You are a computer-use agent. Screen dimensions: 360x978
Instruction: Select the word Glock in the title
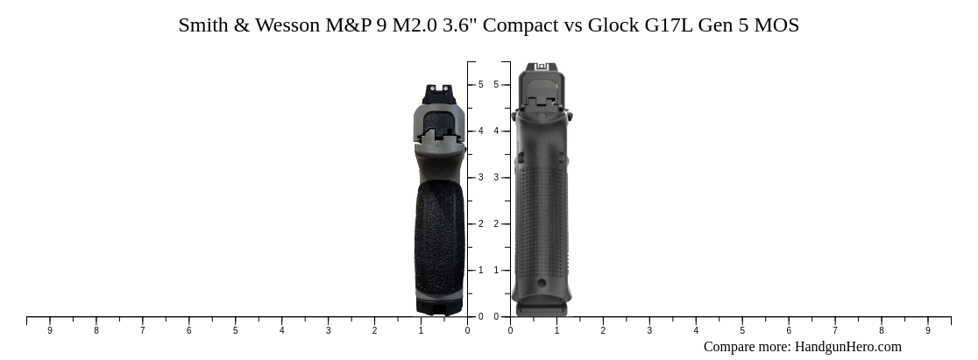(613, 25)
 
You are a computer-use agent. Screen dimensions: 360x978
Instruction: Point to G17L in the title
(669, 25)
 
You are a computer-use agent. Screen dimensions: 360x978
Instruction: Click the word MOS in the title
(776, 25)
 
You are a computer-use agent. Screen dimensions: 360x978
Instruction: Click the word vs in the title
(572, 25)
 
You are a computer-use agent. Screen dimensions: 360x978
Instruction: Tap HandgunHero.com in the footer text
(847, 347)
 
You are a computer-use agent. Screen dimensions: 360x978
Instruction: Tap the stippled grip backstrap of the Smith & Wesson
(439, 232)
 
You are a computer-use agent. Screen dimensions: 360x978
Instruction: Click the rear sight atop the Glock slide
(541, 67)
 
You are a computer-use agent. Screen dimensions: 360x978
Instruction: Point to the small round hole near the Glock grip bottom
(542, 283)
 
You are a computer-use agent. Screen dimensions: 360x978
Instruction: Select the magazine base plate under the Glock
(542, 308)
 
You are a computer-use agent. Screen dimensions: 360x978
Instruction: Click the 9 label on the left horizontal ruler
(50, 331)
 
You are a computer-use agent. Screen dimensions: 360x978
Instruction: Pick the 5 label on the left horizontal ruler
(235, 331)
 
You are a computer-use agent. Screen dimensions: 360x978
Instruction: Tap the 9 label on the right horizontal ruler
(928, 331)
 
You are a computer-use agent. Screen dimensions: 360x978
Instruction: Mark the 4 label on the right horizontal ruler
(696, 331)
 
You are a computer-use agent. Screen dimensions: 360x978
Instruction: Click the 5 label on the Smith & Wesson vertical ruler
(480, 85)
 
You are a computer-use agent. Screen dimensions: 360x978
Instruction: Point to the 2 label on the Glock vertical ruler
(496, 224)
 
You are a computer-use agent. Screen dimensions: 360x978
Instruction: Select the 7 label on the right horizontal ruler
(835, 331)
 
